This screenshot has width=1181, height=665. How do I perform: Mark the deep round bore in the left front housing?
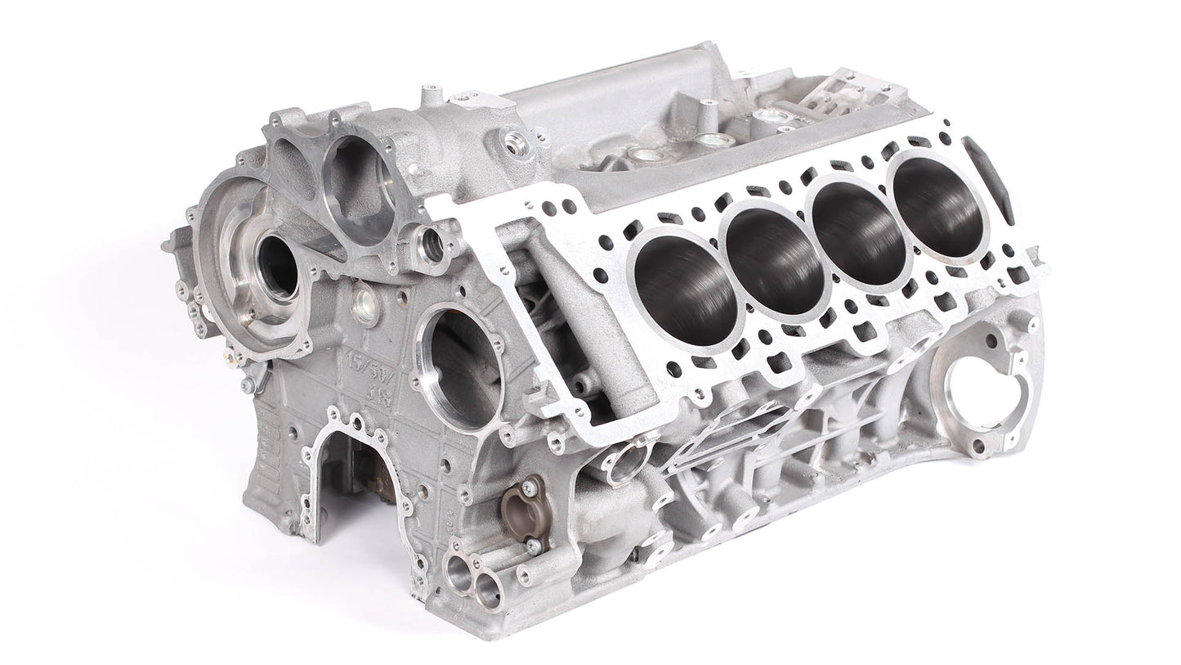(x=275, y=266)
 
